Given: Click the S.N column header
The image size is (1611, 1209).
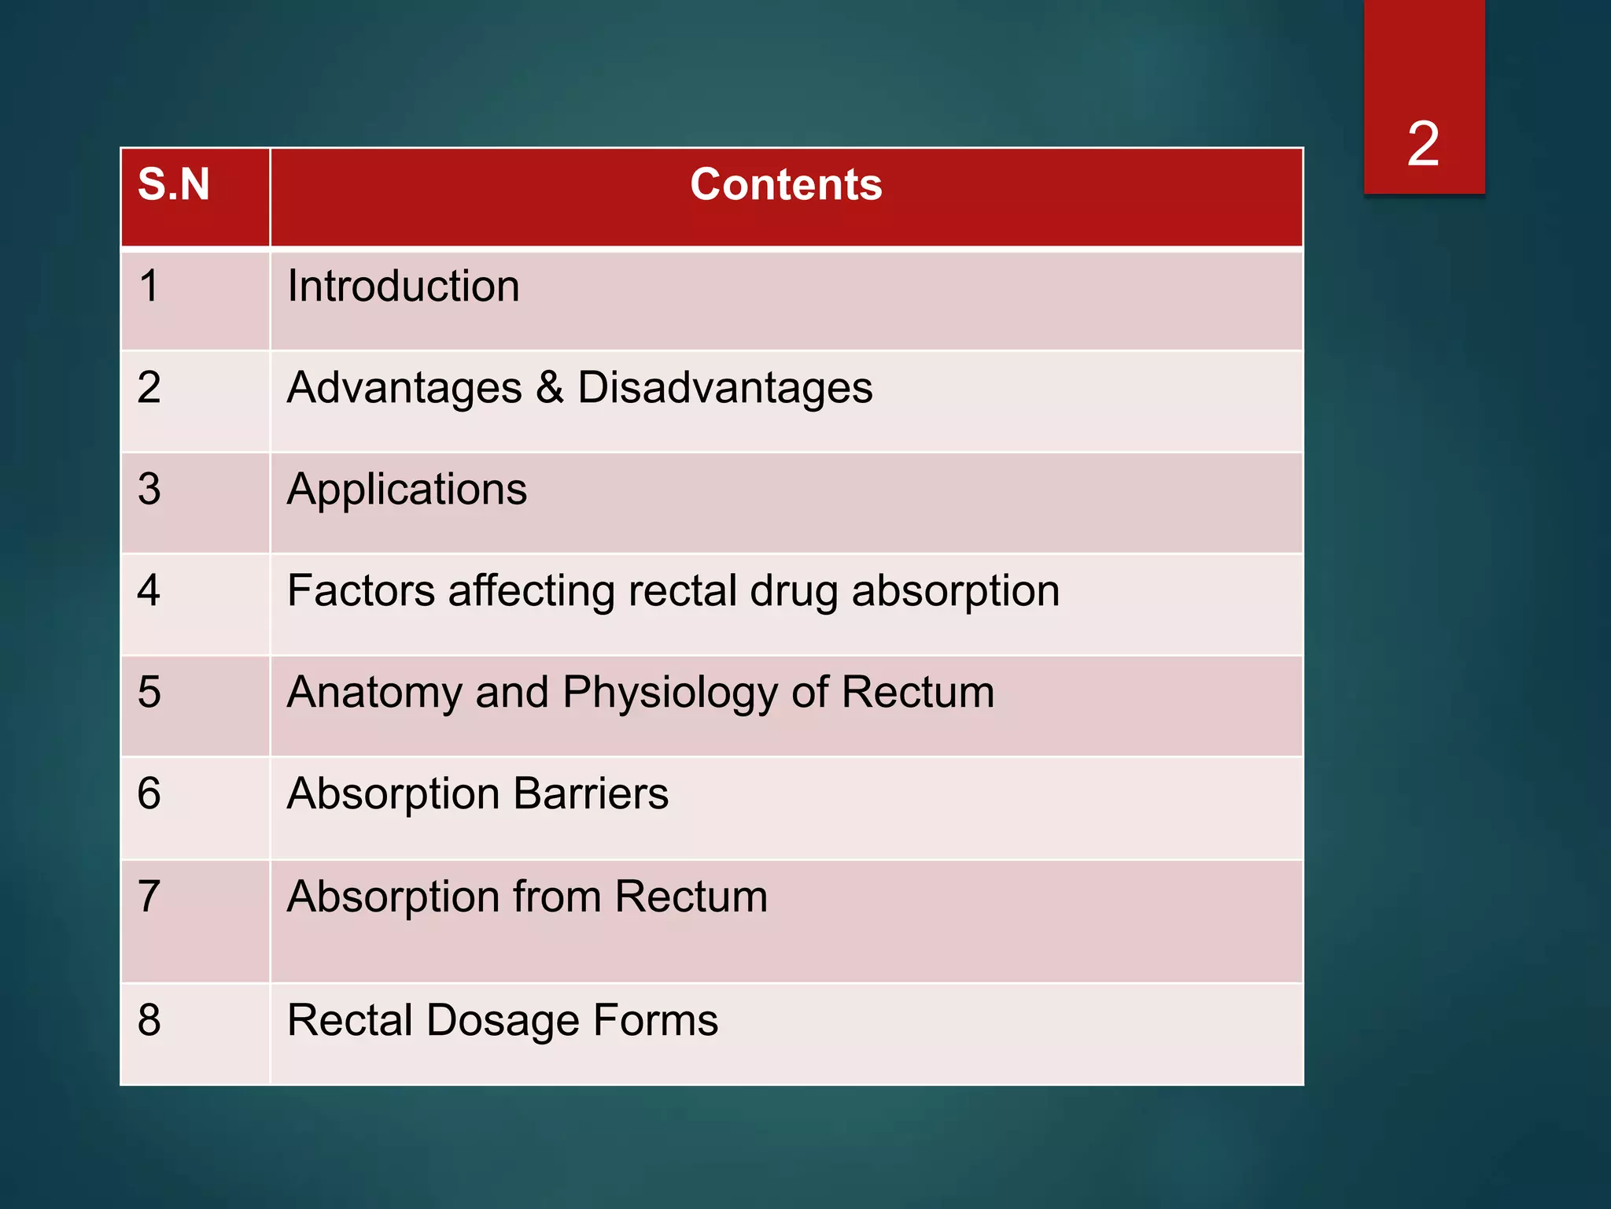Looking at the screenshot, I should pyautogui.click(x=174, y=185).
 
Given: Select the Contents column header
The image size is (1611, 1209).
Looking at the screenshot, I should pyautogui.click(x=786, y=185).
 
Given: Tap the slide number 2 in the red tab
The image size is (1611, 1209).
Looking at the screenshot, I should pyautogui.click(x=1423, y=144).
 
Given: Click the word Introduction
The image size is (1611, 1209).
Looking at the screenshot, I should pyautogui.click(x=403, y=286).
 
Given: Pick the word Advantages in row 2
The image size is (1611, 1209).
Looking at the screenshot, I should pyautogui.click(x=404, y=388).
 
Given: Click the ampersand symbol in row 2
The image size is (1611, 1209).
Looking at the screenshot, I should pyautogui.click(x=550, y=387).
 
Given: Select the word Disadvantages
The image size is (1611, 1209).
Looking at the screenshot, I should pyautogui.click(x=724, y=388).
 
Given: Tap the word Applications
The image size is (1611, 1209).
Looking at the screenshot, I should pyautogui.click(x=407, y=490).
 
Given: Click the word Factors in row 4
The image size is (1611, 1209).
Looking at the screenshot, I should pyautogui.click(x=361, y=590).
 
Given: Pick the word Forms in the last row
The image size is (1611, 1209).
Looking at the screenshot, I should pyautogui.click(x=655, y=1020).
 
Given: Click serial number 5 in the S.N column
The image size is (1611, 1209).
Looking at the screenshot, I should pyautogui.click(x=149, y=693).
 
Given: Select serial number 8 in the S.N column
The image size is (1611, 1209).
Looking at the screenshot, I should pyautogui.click(x=149, y=1020).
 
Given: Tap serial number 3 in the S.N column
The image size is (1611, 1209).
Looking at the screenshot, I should pyautogui.click(x=149, y=490).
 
